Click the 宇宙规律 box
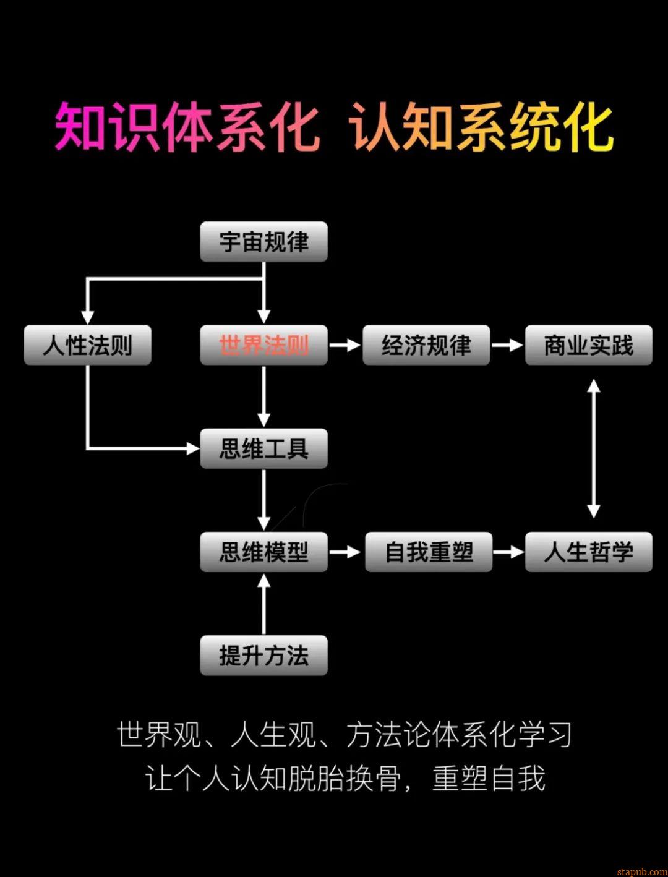pyautogui.click(x=263, y=242)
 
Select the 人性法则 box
pyautogui.click(x=87, y=345)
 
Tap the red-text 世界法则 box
pyautogui.click(x=263, y=345)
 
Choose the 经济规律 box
pyautogui.click(x=426, y=345)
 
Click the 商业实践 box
pyautogui.click(x=588, y=345)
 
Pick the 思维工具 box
pyautogui.click(x=263, y=448)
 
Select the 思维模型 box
pyautogui.click(x=263, y=552)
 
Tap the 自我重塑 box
pyautogui.click(x=429, y=552)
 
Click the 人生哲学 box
pyautogui.click(x=588, y=552)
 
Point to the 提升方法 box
pyautogui.click(x=263, y=655)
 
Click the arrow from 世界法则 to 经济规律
pyautogui.click(x=345, y=345)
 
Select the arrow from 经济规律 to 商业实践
pyautogui.click(x=507, y=345)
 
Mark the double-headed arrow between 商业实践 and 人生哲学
pyautogui.click(x=594, y=448)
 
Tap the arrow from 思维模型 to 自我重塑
pyautogui.click(x=345, y=552)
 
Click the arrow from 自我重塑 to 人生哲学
pyautogui.click(x=508, y=552)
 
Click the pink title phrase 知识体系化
pyautogui.click(x=187, y=128)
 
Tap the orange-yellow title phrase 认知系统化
pyautogui.click(x=481, y=128)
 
